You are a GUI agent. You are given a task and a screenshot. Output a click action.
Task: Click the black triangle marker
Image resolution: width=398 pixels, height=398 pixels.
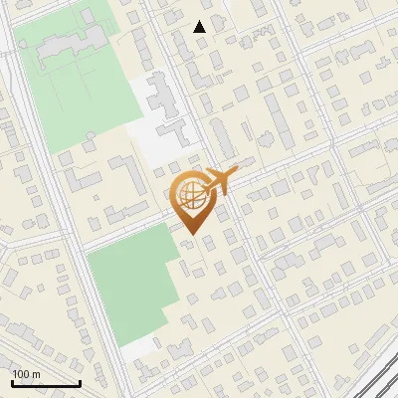[200, 27]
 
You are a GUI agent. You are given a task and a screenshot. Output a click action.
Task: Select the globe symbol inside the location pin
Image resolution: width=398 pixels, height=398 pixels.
[192, 197]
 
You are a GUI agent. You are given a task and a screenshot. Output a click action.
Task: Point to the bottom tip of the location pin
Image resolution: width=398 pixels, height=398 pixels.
[192, 235]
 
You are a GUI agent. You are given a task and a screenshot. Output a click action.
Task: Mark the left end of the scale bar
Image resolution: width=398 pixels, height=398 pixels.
[12, 383]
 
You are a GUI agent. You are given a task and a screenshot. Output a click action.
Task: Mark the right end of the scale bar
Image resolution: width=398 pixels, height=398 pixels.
[80, 383]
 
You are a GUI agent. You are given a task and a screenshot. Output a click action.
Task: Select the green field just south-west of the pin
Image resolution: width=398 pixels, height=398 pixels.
[129, 284]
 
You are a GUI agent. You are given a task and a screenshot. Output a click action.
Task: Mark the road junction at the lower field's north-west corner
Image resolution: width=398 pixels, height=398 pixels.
[84, 249]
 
